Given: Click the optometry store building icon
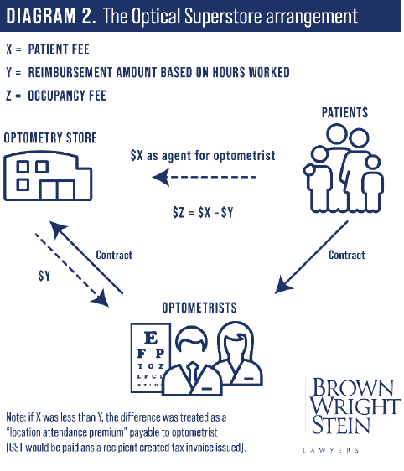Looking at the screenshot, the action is pos(48,176).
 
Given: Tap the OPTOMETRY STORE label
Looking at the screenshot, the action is pos(50,138).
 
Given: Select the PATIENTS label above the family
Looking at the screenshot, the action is pos(344,112).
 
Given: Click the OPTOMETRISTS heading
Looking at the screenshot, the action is pos(199,308).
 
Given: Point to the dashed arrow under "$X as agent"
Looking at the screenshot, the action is pos(204,177).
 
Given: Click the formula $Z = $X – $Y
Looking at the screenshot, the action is pos(203,212).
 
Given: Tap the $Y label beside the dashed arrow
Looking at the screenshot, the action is pos(44,276).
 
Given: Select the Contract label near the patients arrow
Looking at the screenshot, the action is pos(347,255).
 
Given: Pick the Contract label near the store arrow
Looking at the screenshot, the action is pos(114,255).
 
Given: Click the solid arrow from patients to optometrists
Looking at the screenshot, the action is pos(311,257).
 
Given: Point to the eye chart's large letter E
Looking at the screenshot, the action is pos(151,338).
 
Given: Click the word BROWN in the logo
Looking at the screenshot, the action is pos(353,387).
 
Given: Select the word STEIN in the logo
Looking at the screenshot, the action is pos(340,425).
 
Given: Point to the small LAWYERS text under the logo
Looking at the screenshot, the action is pos(331,450).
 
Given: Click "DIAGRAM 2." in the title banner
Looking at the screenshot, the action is pos(51,16).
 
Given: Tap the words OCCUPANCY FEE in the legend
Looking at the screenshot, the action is pos(67,96).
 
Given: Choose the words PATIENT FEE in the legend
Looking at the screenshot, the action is pos(59,49).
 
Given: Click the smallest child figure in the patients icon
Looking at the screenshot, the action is pos(372,184).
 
